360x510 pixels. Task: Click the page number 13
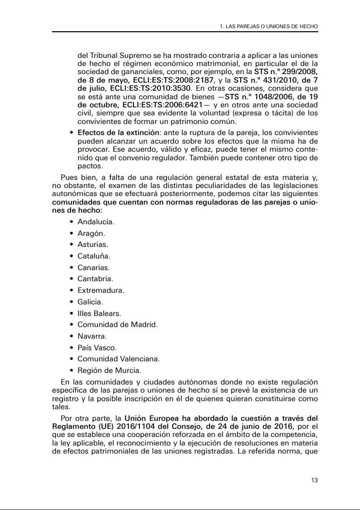[314, 480]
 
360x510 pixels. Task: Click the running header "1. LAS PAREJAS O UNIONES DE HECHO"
[269, 26]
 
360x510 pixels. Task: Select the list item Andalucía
[96, 222]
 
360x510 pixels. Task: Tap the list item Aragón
[91, 233]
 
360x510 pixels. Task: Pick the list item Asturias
[93, 244]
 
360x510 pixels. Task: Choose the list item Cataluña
[94, 256]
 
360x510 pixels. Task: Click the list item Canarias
[94, 268]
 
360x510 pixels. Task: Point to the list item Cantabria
[95, 279]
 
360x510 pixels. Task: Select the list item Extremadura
[101, 290]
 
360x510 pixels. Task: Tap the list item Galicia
[90, 302]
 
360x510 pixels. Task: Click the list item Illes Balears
[99, 313]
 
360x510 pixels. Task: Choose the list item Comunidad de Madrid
[117, 325]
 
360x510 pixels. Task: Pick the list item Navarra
[92, 336]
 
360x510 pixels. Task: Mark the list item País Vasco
[97, 348]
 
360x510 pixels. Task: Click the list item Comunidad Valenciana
[118, 359]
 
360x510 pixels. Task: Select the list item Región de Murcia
[102, 370]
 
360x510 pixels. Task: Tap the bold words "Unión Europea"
[152, 418]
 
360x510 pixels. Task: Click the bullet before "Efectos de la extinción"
[71, 133]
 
